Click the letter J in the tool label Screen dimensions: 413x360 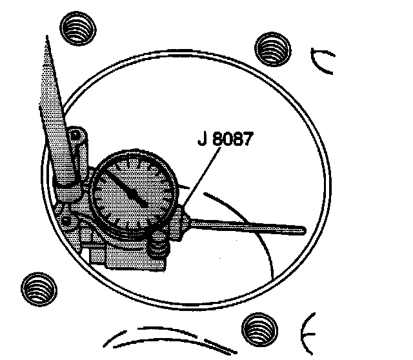203,139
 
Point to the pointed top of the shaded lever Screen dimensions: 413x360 47,39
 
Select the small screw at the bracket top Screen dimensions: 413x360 76,135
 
